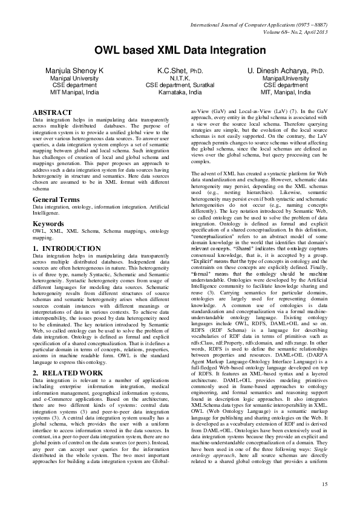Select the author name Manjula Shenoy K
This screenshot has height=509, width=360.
pyautogui.click(x=74, y=71)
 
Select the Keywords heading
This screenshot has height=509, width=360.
pyautogui.click(x=49, y=223)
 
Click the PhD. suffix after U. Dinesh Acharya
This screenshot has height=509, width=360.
pyautogui.click(x=318, y=71)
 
